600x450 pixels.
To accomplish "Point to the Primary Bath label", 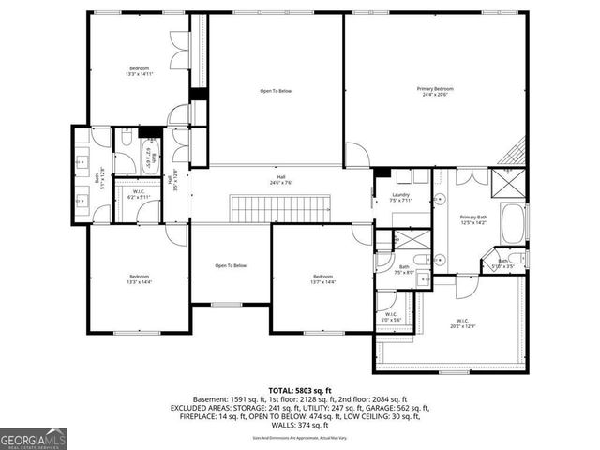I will pos(474,221).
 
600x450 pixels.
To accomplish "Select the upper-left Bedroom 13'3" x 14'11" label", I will pos(139,72).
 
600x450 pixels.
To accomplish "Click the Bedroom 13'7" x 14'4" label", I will pos(322,279).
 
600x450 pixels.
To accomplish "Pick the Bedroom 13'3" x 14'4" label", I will pos(139,279).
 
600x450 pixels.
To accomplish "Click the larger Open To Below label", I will pos(276,91).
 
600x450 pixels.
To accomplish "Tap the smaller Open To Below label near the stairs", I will pos(231,266).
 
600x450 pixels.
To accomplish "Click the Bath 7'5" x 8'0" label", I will pos(404,270).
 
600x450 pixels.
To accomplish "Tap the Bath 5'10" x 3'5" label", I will pos(502,264).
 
